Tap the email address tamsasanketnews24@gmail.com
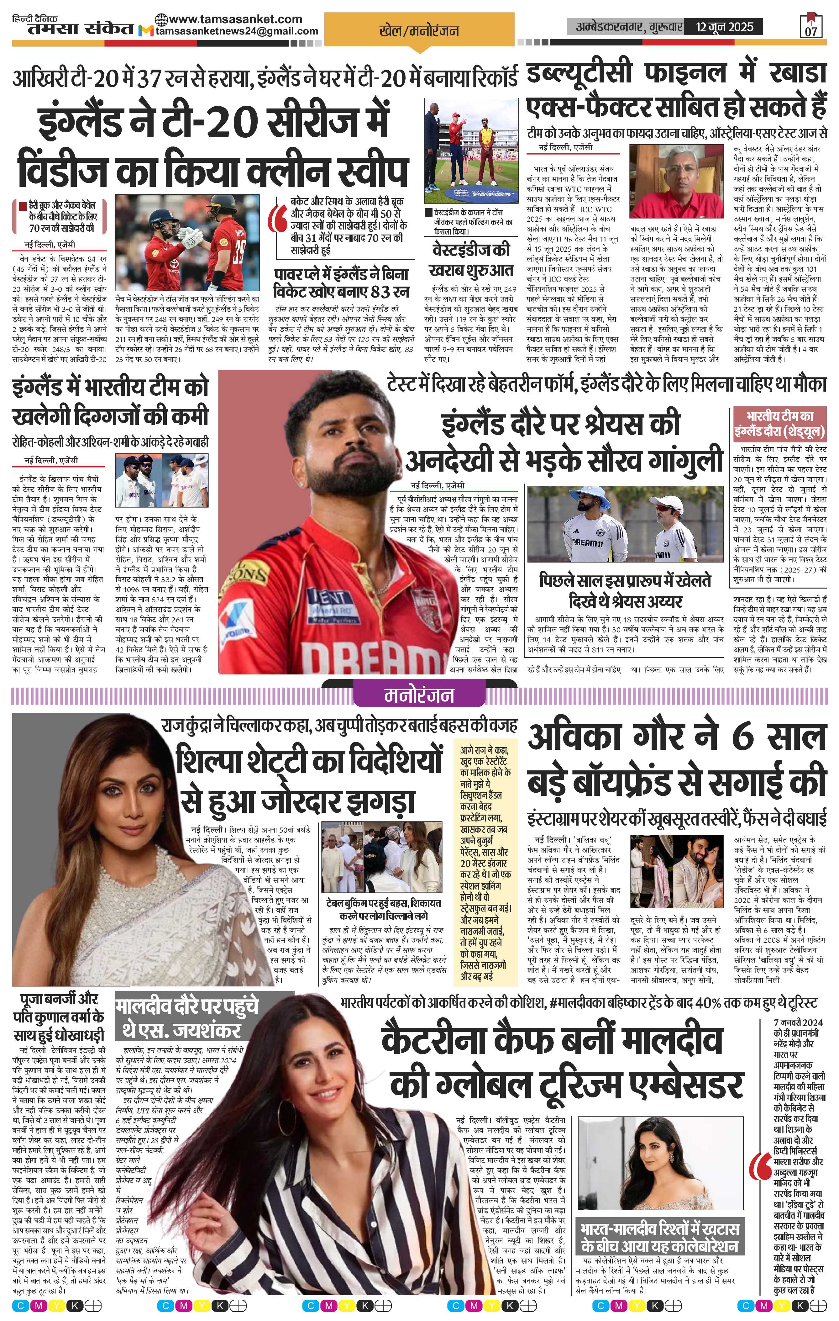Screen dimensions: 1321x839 (237, 31)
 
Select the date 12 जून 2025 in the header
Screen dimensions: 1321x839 (725, 26)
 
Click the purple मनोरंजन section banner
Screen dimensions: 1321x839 (419, 695)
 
